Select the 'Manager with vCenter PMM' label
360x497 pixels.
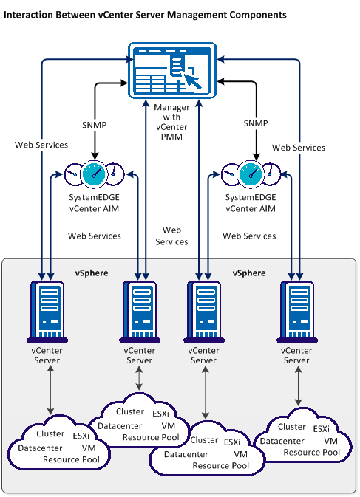tap(172, 117)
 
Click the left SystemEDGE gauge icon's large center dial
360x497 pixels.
tap(95, 174)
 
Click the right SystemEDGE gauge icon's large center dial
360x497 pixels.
tap(253, 174)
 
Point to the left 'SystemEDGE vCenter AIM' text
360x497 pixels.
tap(95, 204)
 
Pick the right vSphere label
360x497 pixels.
tap(249, 273)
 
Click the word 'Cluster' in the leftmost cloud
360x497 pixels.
tap(50, 434)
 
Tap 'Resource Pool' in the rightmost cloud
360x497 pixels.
tap(311, 452)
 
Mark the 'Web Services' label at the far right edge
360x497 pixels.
tap(299, 148)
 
